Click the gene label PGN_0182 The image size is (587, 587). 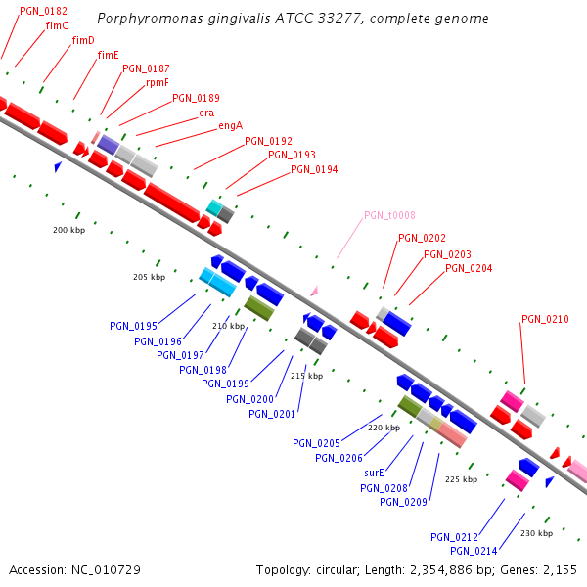(43, 11)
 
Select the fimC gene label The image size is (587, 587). (57, 25)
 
